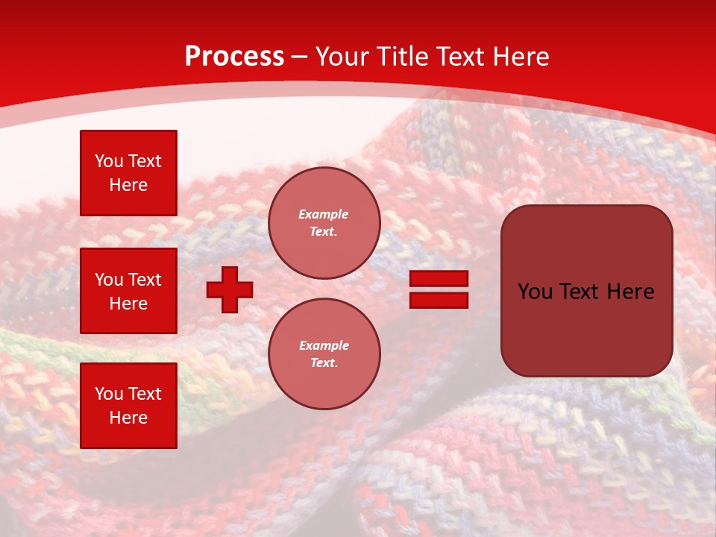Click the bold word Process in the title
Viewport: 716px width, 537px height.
(x=234, y=57)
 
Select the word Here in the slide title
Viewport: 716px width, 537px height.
(x=520, y=57)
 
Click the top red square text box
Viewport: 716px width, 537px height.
(x=128, y=173)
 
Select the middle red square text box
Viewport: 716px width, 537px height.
(x=128, y=291)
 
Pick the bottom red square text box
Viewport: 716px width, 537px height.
(x=128, y=406)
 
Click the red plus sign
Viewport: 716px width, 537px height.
(x=230, y=289)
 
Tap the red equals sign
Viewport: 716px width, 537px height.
(x=439, y=289)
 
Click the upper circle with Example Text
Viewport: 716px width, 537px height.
(x=324, y=223)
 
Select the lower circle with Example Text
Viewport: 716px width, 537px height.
(x=324, y=354)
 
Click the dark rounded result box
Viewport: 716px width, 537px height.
(x=586, y=291)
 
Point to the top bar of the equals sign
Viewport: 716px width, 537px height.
(x=439, y=279)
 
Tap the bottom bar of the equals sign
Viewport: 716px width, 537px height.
(x=439, y=300)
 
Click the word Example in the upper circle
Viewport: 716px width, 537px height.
(x=324, y=214)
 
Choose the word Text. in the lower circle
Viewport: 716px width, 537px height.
(x=324, y=363)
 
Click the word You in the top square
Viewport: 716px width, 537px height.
(x=109, y=161)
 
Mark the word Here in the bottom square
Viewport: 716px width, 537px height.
(x=128, y=418)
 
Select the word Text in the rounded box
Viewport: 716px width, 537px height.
(x=582, y=292)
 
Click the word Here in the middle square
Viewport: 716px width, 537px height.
(x=128, y=304)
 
